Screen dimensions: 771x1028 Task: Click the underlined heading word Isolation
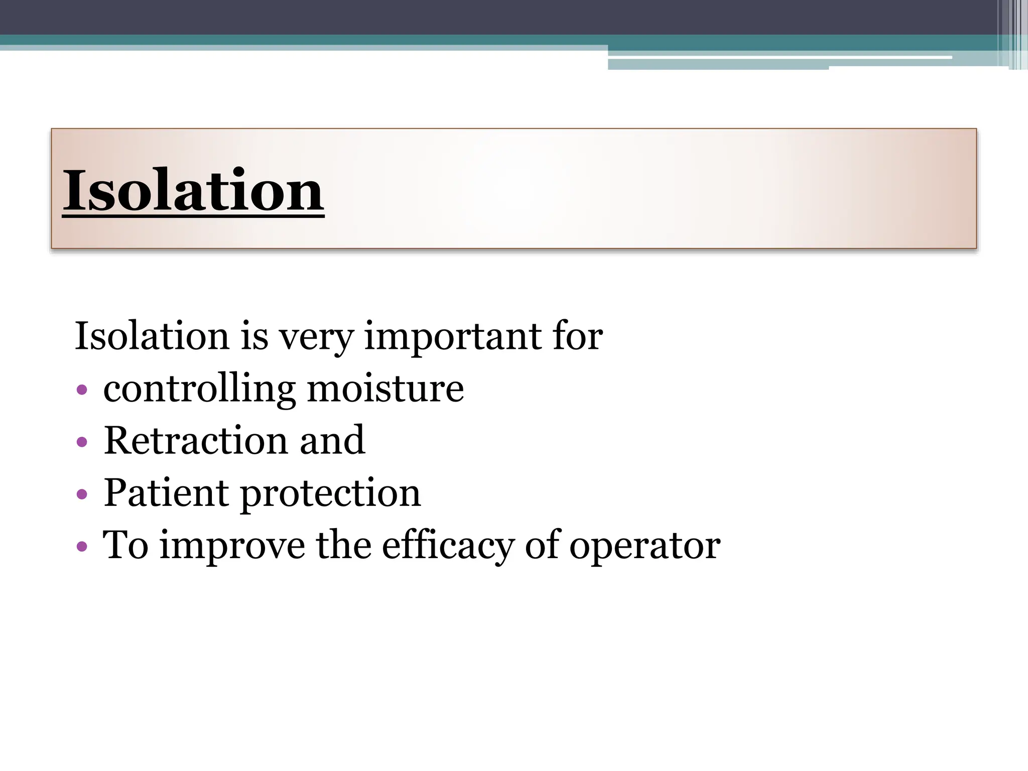(x=193, y=191)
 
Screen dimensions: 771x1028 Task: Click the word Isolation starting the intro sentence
(x=152, y=336)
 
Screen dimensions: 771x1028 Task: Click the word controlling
(x=199, y=389)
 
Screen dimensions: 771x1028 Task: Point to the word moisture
(x=385, y=389)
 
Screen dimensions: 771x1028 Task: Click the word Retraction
(x=195, y=440)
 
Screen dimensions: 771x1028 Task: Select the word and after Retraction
(x=332, y=440)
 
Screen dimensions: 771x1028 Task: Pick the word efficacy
(x=448, y=546)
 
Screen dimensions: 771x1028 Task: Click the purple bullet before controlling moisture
(x=82, y=390)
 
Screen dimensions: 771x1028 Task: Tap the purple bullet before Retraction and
(x=82, y=442)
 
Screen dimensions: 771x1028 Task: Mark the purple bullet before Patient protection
(x=82, y=494)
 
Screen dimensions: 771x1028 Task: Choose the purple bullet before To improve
(x=82, y=546)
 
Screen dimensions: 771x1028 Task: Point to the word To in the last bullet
(x=125, y=545)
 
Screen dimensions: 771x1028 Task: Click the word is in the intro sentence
(x=254, y=336)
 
